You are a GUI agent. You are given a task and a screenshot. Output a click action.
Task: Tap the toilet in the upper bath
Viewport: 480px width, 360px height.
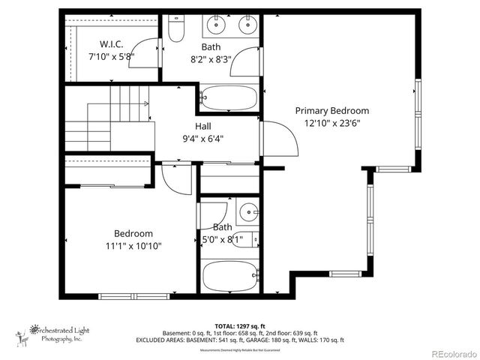tap(175, 29)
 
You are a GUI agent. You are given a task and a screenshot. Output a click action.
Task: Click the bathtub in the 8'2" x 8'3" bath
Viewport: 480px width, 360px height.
tap(229, 97)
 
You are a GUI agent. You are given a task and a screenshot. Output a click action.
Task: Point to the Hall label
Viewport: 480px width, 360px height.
tap(202, 126)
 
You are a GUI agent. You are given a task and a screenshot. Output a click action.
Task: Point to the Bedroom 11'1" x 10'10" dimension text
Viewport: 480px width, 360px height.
tap(133, 245)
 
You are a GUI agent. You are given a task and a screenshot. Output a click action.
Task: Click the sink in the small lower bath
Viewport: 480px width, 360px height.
tap(249, 212)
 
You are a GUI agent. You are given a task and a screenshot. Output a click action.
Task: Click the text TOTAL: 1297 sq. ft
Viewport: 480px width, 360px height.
tap(239, 326)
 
